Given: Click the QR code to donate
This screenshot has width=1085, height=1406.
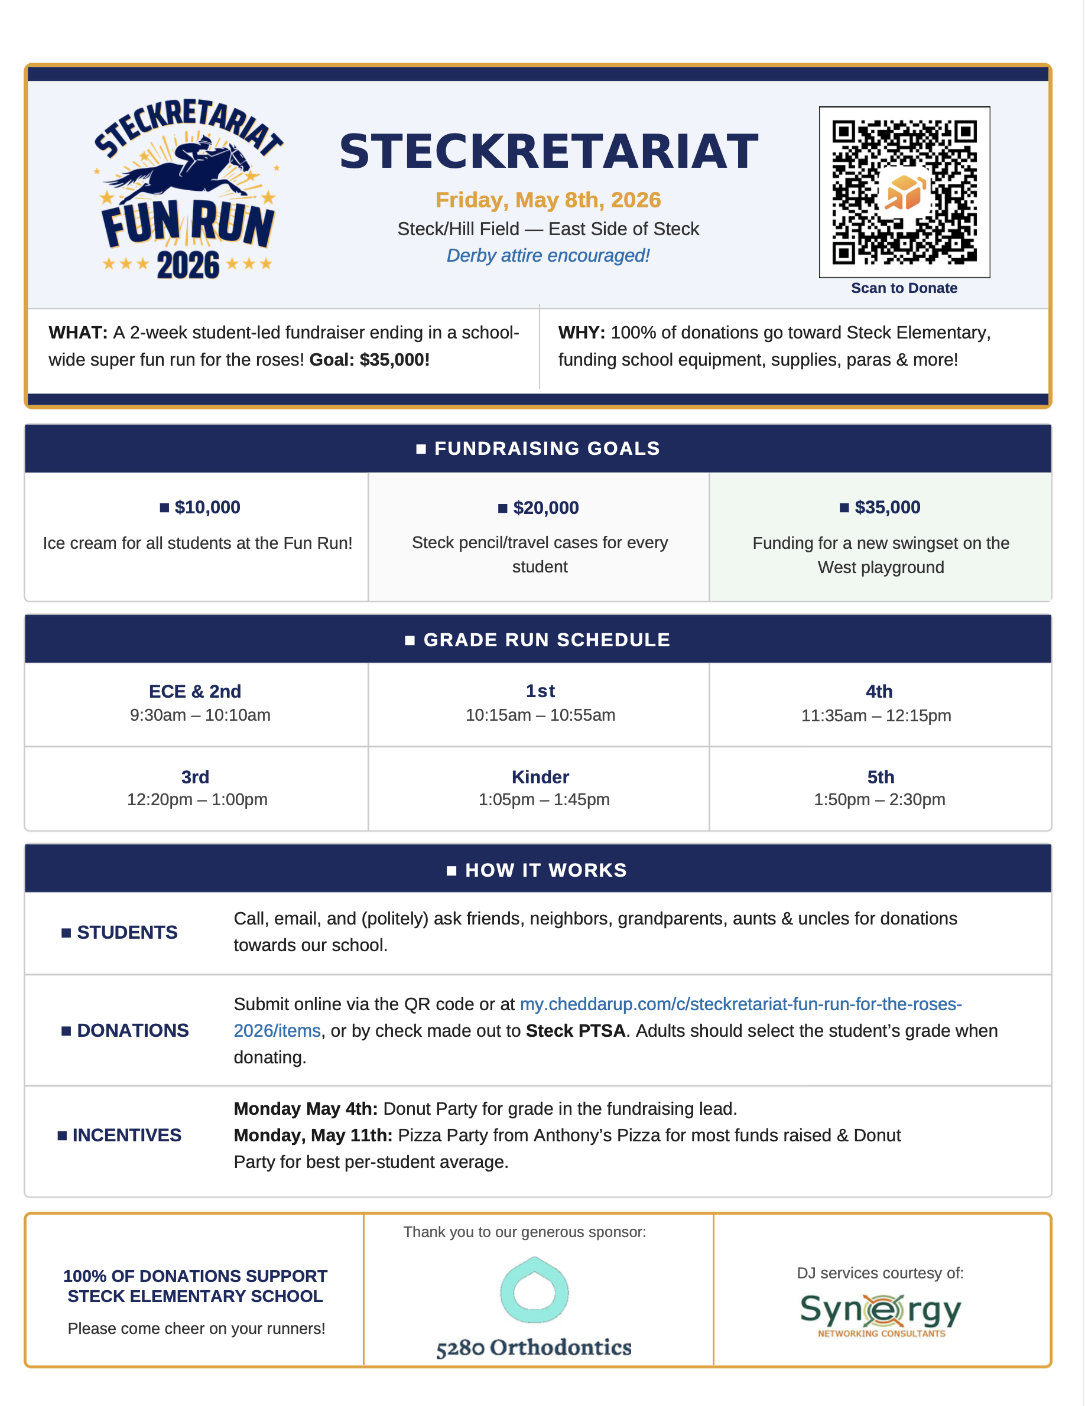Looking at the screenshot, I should tap(904, 192).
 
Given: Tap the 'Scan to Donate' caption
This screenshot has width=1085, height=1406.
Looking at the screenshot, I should tap(904, 288).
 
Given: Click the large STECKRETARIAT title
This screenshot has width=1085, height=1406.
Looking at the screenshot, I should tap(548, 152).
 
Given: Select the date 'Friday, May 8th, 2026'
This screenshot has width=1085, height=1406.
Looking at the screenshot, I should tap(548, 200).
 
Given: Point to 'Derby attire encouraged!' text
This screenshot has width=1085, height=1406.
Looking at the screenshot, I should tap(548, 256).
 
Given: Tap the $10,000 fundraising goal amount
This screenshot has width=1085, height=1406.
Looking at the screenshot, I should tap(207, 507).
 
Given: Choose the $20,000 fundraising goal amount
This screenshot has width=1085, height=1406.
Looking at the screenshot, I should tap(545, 508).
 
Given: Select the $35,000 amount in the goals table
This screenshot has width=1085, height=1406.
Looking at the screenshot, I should tap(886, 507).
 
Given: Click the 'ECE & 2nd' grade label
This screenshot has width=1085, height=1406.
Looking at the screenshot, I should tap(195, 691).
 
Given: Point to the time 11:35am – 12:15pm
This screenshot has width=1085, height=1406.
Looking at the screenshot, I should tap(876, 715).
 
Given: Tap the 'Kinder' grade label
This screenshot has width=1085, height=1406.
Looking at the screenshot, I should tap(540, 777).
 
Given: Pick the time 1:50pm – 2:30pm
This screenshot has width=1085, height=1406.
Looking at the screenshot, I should tap(879, 799).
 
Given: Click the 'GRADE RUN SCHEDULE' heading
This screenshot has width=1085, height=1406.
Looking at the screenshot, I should tap(546, 640).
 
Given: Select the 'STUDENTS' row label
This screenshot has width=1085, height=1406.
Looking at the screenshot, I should tap(127, 932).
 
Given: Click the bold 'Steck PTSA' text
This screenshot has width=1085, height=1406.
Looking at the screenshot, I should tap(576, 1031).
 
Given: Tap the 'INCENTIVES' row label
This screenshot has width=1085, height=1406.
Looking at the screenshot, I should tap(126, 1135).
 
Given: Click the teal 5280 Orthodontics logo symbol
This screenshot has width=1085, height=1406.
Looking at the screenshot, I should tap(534, 1291).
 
